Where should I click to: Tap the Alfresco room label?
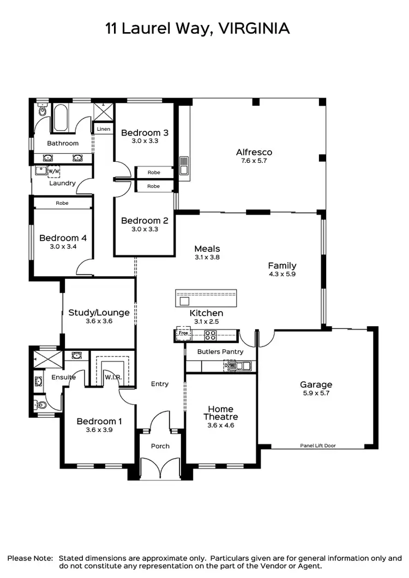tap(254, 152)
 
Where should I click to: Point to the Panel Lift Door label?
tap(318, 446)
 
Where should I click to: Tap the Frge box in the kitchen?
tap(183, 332)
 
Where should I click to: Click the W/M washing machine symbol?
tap(54, 172)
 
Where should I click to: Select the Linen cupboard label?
tap(104, 129)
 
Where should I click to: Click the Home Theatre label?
tap(221, 413)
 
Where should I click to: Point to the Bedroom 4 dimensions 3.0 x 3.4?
tap(63, 247)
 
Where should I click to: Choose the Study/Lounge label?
tap(99, 313)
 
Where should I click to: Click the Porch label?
tap(160, 446)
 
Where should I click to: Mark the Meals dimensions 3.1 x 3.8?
tap(207, 257)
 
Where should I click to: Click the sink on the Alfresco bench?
tap(184, 163)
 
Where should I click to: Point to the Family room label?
tap(282, 266)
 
